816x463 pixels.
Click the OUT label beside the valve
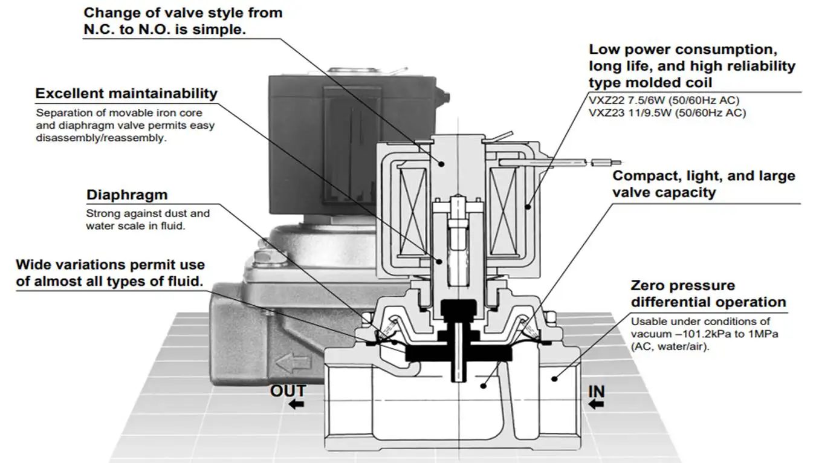[x=288, y=390]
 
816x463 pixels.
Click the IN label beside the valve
[x=596, y=392]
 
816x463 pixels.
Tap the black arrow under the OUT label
[x=296, y=404]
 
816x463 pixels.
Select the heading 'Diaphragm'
[x=126, y=195]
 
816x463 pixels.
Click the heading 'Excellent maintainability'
[x=126, y=94]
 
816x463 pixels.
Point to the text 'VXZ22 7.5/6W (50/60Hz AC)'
[x=664, y=100]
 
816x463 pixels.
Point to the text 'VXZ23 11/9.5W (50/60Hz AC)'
[x=667, y=112]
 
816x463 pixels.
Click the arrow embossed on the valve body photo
[x=293, y=363]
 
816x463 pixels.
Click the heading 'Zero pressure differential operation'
[x=708, y=294]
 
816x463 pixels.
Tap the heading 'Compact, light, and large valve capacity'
[x=704, y=184]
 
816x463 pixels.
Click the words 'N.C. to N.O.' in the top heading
[x=123, y=30]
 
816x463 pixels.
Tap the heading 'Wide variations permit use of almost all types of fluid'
[x=110, y=273]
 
